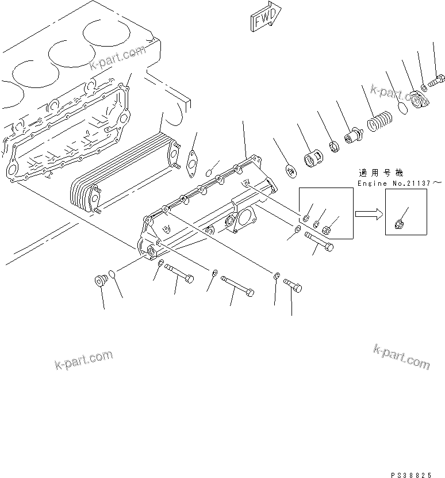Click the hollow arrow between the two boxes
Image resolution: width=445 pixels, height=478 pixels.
tap(368, 213)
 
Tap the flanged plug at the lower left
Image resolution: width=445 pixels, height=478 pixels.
tap(101, 282)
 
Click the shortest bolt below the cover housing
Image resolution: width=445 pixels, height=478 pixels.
tap(293, 284)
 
